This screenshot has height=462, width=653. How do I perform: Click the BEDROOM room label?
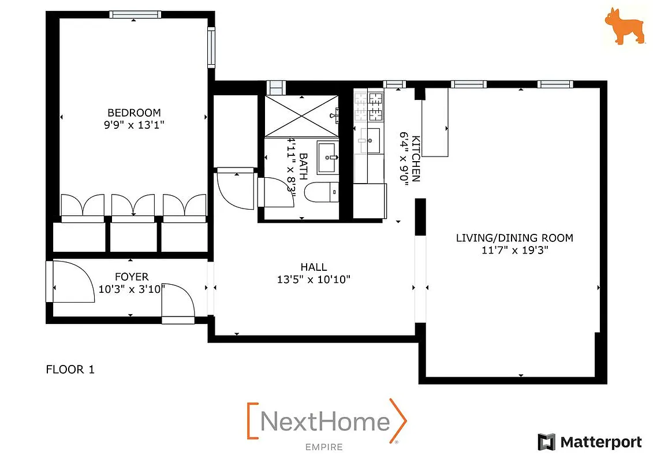134,113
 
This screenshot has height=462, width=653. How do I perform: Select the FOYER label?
132,277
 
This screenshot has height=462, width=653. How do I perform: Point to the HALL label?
314,267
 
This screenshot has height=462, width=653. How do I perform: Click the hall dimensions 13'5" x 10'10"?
314,280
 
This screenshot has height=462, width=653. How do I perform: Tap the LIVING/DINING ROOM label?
514,238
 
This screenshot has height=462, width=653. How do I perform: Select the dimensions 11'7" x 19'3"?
514,250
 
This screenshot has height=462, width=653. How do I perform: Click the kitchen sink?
370,139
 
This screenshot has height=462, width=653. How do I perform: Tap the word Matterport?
600,442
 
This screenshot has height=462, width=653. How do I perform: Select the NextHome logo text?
325,422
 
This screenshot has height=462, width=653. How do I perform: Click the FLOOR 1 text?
70,370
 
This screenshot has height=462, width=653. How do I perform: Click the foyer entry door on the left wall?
50,281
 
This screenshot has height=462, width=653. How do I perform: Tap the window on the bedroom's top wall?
135,15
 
